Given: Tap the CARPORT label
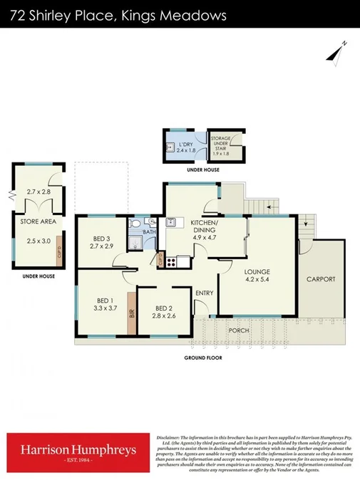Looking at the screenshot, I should [320, 279].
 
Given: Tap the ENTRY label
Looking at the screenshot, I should [204, 293].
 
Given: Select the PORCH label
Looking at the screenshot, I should [237, 331].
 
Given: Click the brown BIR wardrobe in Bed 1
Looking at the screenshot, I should [132, 311].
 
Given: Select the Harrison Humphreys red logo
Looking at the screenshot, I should [78, 452].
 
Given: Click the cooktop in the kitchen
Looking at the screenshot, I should [171, 261].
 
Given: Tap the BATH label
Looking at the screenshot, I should [149, 231].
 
